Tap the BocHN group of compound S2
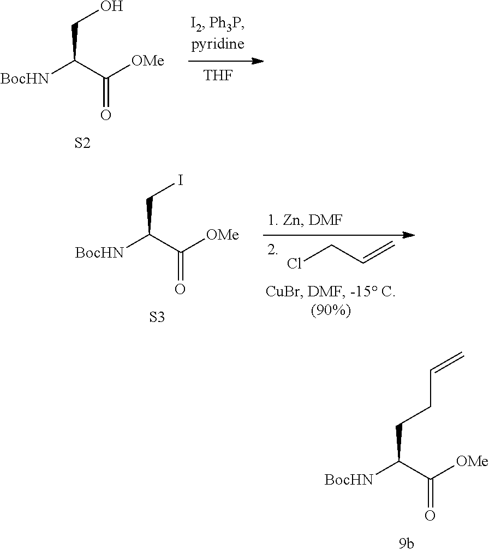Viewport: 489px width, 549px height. [25, 80]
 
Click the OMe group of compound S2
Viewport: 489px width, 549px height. [147, 61]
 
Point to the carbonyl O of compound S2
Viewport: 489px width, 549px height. [106, 115]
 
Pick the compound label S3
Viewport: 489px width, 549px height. [157, 318]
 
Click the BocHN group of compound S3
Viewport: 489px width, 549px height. [99, 253]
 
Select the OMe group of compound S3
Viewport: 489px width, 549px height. [223, 235]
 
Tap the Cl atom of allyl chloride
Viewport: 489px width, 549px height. [295, 264]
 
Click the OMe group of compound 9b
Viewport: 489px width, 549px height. [472, 462]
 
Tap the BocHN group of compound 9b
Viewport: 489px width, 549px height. [349, 480]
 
